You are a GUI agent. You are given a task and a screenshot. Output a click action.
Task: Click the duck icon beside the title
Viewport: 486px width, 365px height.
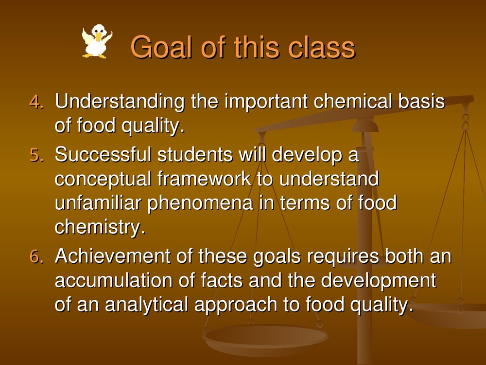click(x=97, y=41)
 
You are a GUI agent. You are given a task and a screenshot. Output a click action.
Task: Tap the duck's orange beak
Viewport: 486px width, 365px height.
click(x=98, y=36)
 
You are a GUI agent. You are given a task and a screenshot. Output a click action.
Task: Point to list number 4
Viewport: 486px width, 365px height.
click(x=36, y=102)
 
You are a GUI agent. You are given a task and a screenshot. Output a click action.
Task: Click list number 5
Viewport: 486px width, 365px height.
click(x=36, y=155)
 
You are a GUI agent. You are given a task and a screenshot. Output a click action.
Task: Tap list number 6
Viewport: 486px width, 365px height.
click(x=36, y=256)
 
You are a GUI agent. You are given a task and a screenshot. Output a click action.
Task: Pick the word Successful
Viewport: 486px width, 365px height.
click(x=103, y=154)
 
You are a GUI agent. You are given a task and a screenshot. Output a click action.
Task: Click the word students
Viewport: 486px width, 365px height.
click(x=195, y=154)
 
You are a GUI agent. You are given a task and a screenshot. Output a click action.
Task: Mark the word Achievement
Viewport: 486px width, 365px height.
click(x=113, y=256)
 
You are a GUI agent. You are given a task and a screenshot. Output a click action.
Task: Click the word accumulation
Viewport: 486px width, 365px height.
click(x=113, y=280)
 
